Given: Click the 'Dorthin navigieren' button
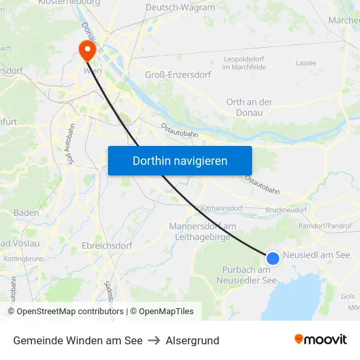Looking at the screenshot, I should (x=180, y=160).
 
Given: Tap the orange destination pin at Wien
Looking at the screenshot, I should (x=86, y=49).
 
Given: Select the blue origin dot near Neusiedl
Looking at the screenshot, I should (x=273, y=259).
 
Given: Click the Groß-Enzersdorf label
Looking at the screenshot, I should (x=178, y=75).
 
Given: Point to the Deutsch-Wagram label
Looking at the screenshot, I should (x=179, y=8).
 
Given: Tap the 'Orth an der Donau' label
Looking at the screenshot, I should (x=249, y=107).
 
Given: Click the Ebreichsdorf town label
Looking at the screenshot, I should (x=107, y=245).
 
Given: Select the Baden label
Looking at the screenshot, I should (x=26, y=213).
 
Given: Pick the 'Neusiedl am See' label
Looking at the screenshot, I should (x=317, y=255).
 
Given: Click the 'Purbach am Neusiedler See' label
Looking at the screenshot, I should (x=246, y=275).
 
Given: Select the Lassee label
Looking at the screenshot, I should (x=306, y=63).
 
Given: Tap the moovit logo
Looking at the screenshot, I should (x=321, y=339).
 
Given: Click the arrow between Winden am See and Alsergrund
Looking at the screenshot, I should (x=154, y=340).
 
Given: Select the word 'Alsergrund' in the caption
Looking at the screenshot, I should (x=192, y=340).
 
